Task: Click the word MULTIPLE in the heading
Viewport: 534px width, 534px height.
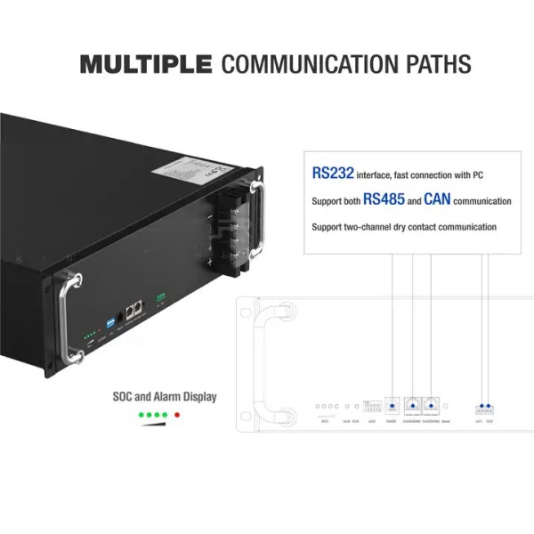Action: tap(146, 64)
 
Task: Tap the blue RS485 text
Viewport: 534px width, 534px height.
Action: tap(384, 200)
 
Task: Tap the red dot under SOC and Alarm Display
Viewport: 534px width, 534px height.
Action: tap(178, 415)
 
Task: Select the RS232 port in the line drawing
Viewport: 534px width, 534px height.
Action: tap(392, 405)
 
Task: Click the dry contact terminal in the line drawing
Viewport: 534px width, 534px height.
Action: tap(484, 407)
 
